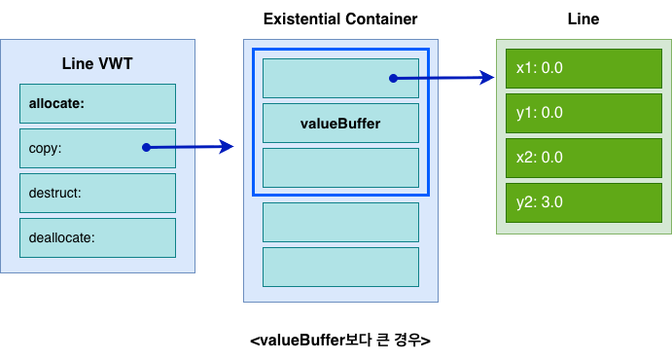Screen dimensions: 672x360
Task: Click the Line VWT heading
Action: pos(97,64)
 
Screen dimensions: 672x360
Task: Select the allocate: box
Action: pos(97,104)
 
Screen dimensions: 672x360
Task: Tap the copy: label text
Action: pos(45,148)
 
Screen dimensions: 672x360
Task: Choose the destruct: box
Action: pos(97,193)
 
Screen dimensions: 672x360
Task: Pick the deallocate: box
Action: pos(97,237)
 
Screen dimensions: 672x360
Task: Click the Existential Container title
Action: pos(340,18)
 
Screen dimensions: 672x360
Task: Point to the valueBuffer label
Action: pos(340,124)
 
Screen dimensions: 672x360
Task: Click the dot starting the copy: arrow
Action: pos(146,148)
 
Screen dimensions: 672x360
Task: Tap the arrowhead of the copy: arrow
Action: pos(227,147)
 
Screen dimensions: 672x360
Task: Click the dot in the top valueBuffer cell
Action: pos(393,79)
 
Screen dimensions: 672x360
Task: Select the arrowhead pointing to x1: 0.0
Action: pos(487,78)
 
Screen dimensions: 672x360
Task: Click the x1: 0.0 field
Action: pos(584,68)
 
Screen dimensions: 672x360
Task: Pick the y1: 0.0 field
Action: pos(584,113)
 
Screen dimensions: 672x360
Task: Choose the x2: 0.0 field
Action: pos(584,158)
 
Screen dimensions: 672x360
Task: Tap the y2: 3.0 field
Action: pos(584,202)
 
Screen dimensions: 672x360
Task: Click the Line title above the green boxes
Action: pos(584,18)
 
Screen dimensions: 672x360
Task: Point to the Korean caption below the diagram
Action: pos(340,341)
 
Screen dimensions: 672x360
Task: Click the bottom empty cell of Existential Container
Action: pos(340,267)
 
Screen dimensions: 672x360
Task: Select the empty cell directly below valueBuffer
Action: pos(340,168)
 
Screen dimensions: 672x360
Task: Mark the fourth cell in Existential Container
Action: pos(340,223)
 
